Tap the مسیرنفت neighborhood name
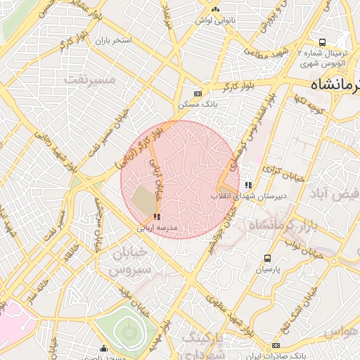pos(89,79)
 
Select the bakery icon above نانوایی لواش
pos(215,9)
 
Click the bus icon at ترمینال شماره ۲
pos(322,42)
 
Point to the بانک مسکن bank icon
pos(198,93)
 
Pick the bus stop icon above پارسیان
pos(267,258)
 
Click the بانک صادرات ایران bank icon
pos(276,345)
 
